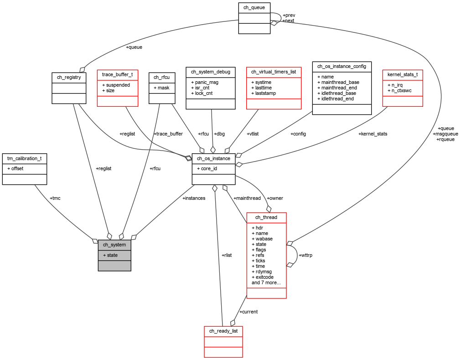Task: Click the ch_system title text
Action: click(x=114, y=245)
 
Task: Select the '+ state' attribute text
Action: click(x=110, y=255)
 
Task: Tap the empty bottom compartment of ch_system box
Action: click(x=114, y=266)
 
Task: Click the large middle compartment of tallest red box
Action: click(x=266, y=255)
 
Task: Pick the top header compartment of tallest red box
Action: click(x=266, y=218)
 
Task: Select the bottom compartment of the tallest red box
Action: click(x=266, y=293)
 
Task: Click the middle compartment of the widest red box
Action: click(x=274, y=88)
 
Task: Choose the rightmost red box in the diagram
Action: click(x=402, y=88)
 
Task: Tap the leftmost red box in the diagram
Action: click(x=117, y=88)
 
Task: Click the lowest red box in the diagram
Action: click(x=223, y=341)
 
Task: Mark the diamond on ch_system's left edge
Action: click(x=95, y=240)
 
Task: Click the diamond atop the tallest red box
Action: click(x=269, y=209)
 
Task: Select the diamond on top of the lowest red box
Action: click(x=233, y=323)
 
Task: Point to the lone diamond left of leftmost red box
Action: click(x=82, y=69)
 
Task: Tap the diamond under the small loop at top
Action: click(x=273, y=23)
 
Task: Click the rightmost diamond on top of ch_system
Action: click(x=134, y=237)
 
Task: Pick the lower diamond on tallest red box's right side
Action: click(x=289, y=265)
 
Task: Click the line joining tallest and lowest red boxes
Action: click(x=239, y=310)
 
